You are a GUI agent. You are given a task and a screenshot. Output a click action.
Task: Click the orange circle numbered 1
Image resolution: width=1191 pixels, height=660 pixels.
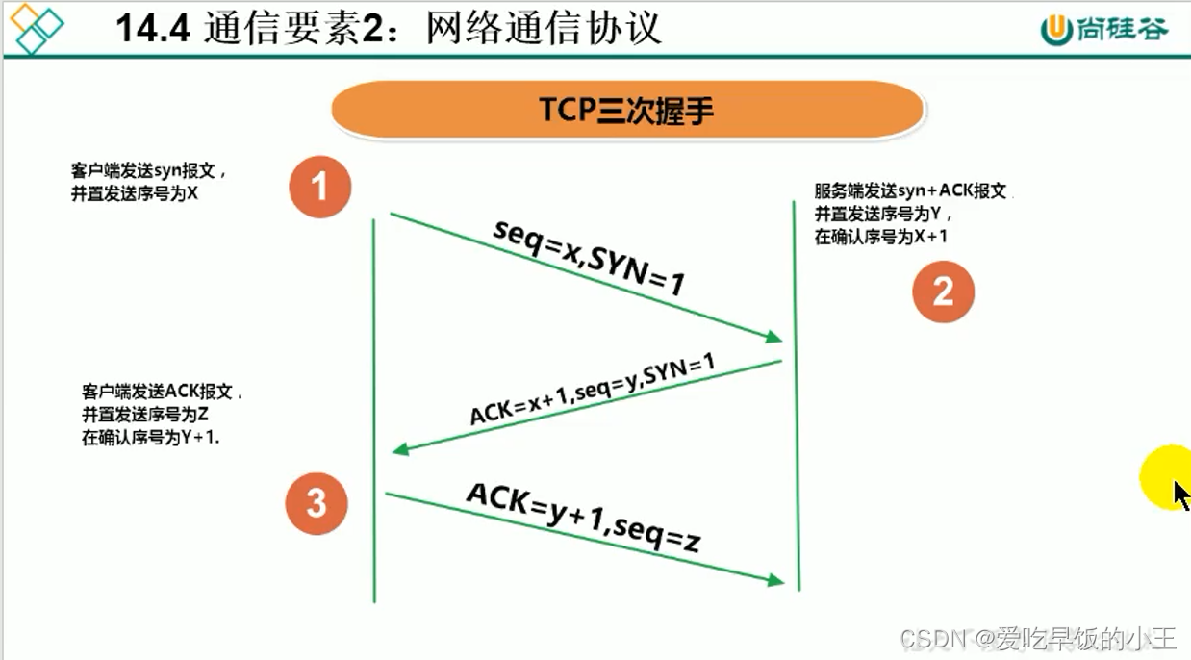click(319, 187)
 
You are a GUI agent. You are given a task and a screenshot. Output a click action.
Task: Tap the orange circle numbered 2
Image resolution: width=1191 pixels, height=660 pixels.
click(943, 292)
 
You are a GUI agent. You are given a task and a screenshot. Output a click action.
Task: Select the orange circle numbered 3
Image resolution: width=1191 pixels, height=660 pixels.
click(317, 503)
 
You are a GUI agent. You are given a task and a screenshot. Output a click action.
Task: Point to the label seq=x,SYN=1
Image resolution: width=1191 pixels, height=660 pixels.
click(590, 257)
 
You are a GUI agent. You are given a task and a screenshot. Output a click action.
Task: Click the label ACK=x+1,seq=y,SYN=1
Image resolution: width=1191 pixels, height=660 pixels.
click(593, 389)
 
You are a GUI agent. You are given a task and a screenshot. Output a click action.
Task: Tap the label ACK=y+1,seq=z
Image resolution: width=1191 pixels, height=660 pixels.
click(582, 516)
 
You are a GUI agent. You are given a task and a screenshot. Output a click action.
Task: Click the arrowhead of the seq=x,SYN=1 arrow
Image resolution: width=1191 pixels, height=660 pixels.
click(773, 337)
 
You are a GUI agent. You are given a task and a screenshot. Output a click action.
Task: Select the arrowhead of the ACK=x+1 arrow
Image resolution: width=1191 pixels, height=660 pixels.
click(400, 449)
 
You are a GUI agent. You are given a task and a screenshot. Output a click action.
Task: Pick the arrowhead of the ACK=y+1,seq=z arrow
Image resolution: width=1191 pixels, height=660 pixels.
click(774, 580)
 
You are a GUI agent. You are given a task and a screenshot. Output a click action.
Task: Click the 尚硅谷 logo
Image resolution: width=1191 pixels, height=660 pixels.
click(1103, 29)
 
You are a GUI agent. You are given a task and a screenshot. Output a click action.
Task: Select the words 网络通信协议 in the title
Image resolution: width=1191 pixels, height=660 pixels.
click(545, 28)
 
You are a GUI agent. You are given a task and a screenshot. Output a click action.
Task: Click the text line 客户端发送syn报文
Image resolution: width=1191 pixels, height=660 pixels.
click(148, 171)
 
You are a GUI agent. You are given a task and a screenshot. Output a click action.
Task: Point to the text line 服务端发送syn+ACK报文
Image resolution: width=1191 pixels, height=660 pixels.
click(910, 191)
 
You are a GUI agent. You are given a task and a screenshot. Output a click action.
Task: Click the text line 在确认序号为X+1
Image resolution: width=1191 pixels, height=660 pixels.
click(880, 236)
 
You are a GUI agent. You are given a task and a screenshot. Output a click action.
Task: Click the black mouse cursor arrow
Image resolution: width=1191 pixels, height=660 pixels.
click(1181, 495)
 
